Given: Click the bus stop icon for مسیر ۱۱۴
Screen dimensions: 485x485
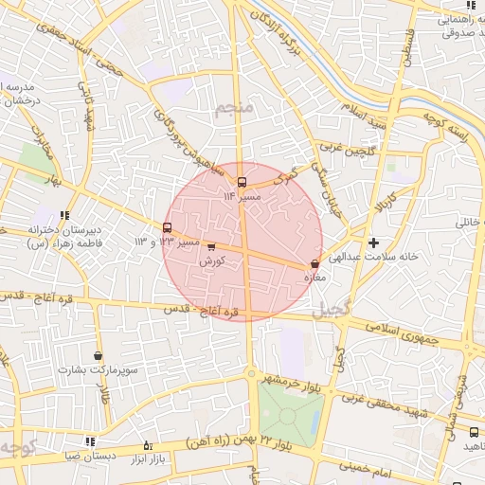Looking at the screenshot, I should click(x=242, y=181).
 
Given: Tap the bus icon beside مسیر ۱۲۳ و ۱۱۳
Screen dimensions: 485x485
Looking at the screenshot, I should click(x=168, y=228).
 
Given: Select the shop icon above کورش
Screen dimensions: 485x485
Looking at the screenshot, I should click(x=210, y=247).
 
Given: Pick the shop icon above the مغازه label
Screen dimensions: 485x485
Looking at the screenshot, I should click(x=314, y=264).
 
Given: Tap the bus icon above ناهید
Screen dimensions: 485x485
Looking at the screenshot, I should click(x=473, y=432).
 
